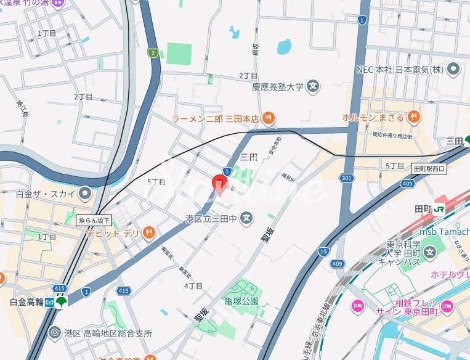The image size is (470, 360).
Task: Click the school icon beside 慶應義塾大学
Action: (x=312, y=87)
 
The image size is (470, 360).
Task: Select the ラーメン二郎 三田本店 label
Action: (x=215, y=118)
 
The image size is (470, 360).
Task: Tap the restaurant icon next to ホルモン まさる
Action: (x=413, y=117)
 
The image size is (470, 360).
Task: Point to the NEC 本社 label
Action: (x=400, y=68)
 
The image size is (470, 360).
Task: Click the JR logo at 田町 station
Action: (x=440, y=209)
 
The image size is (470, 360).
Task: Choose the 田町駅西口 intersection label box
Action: (x=429, y=168)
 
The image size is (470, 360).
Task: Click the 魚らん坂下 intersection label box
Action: (x=94, y=220)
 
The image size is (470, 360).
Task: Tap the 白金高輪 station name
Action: (x=27, y=301)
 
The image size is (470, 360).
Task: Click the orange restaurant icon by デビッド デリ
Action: (x=148, y=232)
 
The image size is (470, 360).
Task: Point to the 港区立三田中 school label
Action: (x=211, y=218)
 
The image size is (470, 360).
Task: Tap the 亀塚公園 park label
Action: (x=241, y=301)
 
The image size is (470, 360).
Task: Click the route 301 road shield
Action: (x=347, y=179)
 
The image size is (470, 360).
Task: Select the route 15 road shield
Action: (x=323, y=251)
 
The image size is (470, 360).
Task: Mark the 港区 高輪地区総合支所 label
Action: (x=108, y=333)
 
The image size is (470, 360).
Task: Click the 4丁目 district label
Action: (x=193, y=286)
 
